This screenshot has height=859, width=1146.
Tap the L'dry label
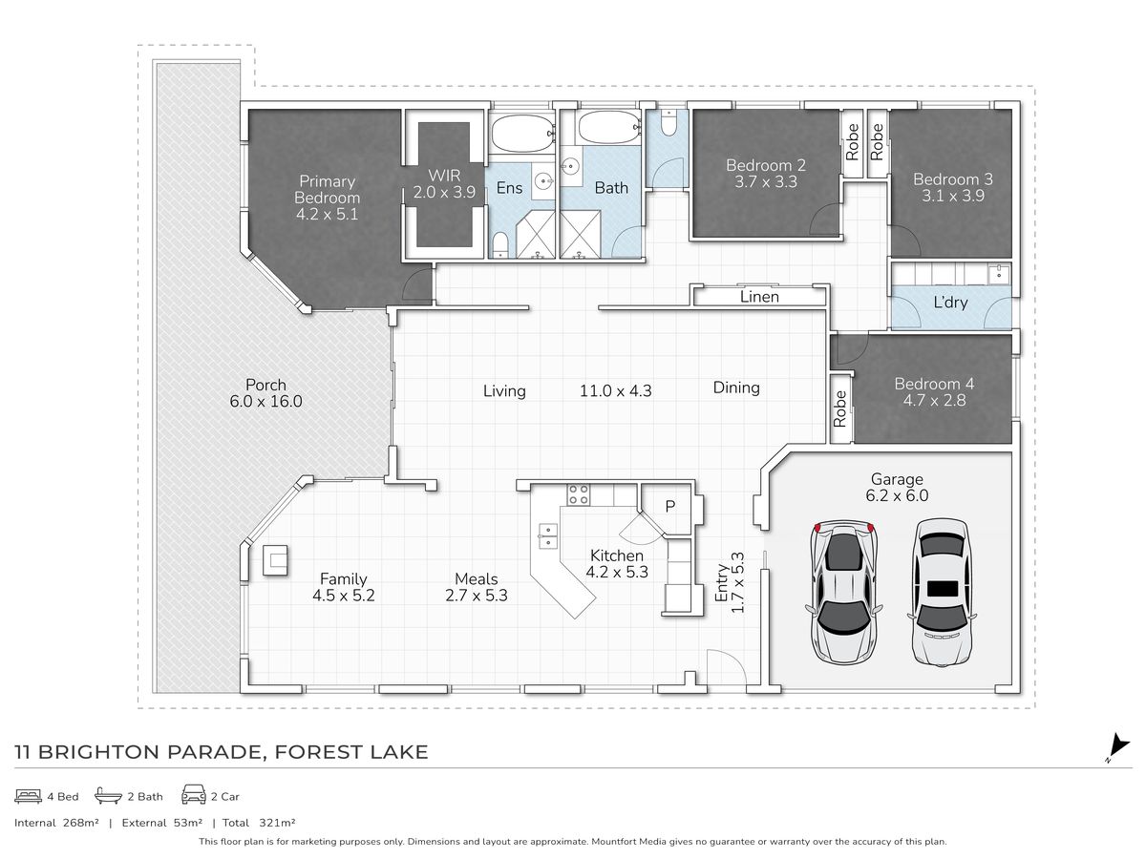949,303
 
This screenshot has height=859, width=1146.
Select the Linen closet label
759,297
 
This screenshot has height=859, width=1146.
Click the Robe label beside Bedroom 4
840,409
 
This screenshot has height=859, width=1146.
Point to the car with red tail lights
844,592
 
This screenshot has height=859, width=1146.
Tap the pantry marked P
670,505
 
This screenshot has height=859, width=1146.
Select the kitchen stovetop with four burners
579,494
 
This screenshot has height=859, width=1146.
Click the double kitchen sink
548,534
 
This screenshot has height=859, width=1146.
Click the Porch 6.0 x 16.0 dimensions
265,402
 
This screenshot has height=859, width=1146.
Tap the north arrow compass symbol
1117,747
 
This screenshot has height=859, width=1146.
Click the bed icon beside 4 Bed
29,795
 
